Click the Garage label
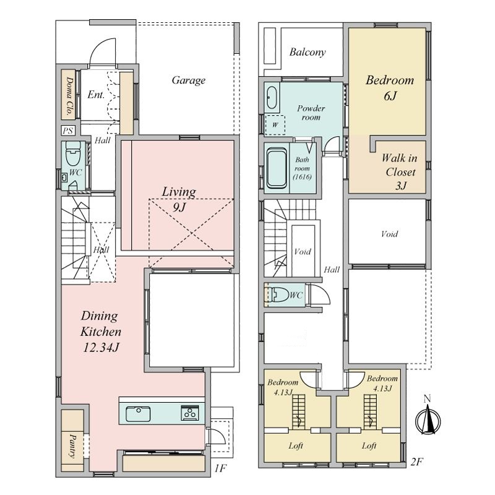[189, 80]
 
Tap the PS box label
[68, 131]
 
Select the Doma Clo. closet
[68, 95]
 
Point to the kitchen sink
[138, 414]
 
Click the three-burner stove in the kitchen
[190, 413]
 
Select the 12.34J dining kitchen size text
[101, 348]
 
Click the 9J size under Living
[179, 207]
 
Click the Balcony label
[308, 52]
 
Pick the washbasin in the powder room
[272, 98]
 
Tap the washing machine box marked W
[275, 125]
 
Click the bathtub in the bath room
[277, 168]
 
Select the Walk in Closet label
[400, 171]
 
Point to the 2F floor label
[416, 462]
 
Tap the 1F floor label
[220, 468]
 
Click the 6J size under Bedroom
[390, 96]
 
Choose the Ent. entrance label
[96, 95]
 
